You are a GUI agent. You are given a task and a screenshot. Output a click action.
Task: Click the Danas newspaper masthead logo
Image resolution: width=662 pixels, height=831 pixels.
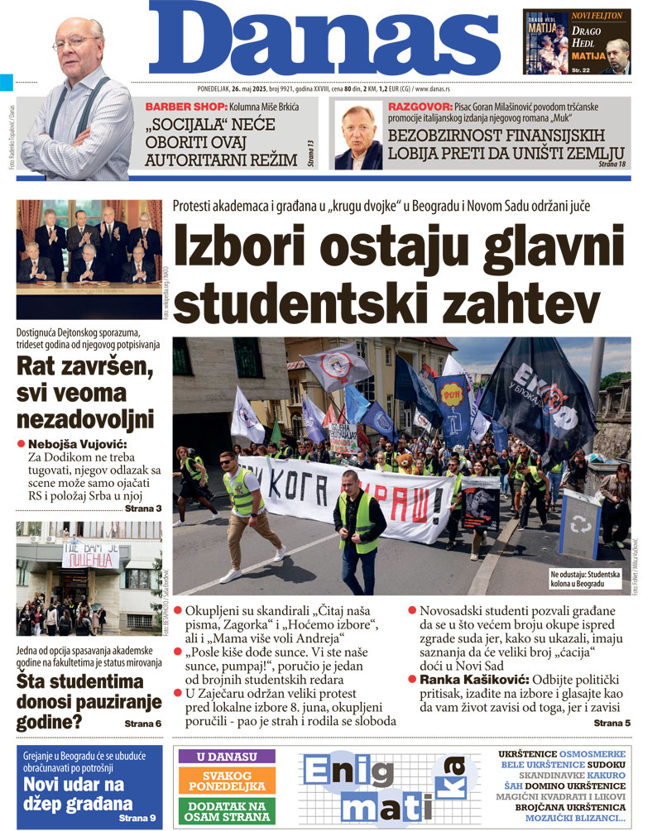point(326,41)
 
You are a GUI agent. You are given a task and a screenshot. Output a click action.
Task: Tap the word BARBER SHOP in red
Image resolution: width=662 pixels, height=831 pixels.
point(180,107)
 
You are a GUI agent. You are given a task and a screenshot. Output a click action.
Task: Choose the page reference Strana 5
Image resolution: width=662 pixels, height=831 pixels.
point(612,724)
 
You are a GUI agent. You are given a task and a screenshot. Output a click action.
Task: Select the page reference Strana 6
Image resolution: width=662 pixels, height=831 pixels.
point(142,724)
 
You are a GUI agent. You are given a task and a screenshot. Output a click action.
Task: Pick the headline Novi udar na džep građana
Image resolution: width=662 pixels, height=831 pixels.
point(78,794)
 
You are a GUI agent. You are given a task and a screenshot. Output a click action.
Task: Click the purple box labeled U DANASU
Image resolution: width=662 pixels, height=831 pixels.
point(224,757)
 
